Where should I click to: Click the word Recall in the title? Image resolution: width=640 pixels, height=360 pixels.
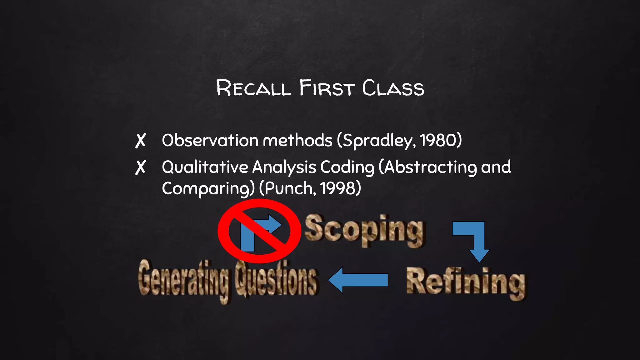tap(253, 88)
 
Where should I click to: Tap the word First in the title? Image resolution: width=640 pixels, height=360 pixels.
tap(327, 88)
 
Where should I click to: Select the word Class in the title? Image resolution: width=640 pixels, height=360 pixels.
tap(393, 88)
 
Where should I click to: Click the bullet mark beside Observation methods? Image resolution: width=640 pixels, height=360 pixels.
tap(141, 141)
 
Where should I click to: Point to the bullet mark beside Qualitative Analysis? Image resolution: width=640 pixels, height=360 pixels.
tap(141, 167)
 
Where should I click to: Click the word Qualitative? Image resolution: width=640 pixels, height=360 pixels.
tap(205, 167)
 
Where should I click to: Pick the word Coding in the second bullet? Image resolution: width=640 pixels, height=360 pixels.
tap(347, 167)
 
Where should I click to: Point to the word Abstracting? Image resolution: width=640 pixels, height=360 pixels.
tap(431, 167)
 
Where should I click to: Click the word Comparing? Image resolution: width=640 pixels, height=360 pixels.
tap(206, 189)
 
